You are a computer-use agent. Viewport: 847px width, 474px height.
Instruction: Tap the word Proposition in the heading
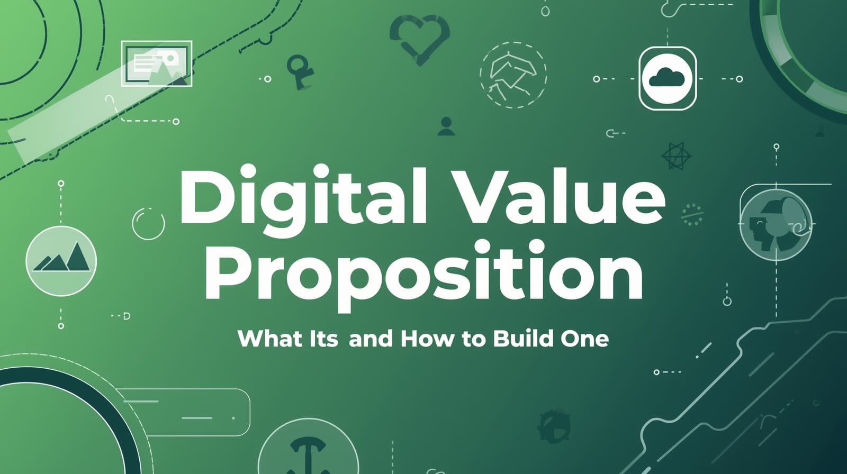click(x=424, y=271)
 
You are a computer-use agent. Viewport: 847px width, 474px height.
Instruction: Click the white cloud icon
click(x=667, y=78)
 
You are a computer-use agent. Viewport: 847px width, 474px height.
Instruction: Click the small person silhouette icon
click(x=446, y=126)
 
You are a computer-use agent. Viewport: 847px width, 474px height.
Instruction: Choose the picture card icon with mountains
click(x=157, y=63)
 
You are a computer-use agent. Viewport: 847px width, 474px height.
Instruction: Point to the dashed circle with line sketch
click(x=513, y=75)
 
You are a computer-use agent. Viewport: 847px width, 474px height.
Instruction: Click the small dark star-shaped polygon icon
click(x=677, y=156)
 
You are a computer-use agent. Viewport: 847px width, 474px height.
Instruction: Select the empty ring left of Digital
click(x=148, y=223)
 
